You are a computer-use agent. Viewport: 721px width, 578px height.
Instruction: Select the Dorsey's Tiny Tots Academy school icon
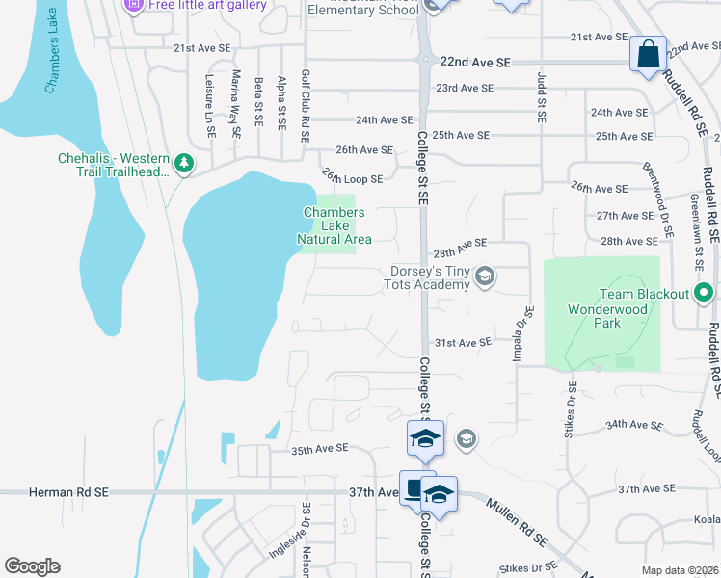484,277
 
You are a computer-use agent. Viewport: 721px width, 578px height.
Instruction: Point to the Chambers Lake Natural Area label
331,225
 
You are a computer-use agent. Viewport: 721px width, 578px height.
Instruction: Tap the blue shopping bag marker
648,54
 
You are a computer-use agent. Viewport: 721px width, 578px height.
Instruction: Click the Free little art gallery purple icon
134,6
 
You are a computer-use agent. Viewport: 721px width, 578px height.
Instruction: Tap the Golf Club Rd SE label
306,107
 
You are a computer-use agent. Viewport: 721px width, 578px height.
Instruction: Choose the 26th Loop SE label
352,177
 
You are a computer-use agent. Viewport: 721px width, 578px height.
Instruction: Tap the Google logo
32,566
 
